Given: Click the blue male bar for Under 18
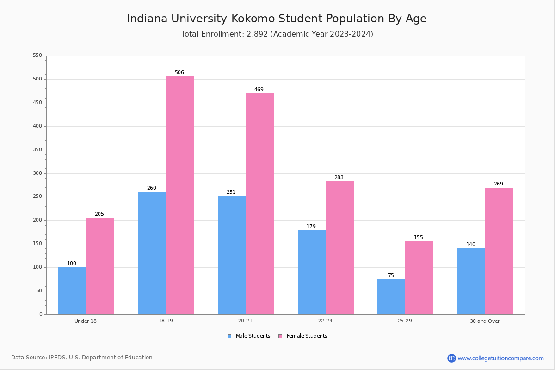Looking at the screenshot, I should pos(72,291).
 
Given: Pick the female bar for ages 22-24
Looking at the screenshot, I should pos(339,248).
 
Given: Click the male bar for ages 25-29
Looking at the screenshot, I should pos(391,297).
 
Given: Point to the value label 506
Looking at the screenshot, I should pos(179,73).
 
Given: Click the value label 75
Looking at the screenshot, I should pos(391,276).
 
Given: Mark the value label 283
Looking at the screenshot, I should pos(339,178).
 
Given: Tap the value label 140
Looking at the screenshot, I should pos(471,245).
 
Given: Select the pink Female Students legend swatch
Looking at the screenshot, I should pos(280,336).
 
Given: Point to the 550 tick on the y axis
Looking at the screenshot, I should pos(37,55).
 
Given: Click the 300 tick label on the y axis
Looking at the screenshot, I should pos(37,173).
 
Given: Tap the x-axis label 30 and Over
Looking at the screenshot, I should pos(485,321).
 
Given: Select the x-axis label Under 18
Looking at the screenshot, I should pos(86,321).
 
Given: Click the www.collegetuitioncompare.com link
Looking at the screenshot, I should pos(500,358).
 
